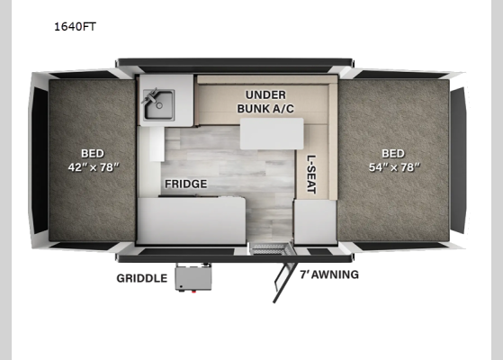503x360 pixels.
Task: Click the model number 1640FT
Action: pyautogui.click(x=75, y=27)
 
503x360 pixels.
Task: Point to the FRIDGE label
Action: pyautogui.click(x=185, y=184)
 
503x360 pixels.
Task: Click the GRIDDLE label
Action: pyautogui.click(x=142, y=278)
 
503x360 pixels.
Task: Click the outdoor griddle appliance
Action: pyautogui.click(x=193, y=277)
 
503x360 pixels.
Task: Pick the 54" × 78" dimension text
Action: pyautogui.click(x=392, y=166)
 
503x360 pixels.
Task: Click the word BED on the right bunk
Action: pyautogui.click(x=392, y=152)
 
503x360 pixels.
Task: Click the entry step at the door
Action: pyautogui.click(x=269, y=247)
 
